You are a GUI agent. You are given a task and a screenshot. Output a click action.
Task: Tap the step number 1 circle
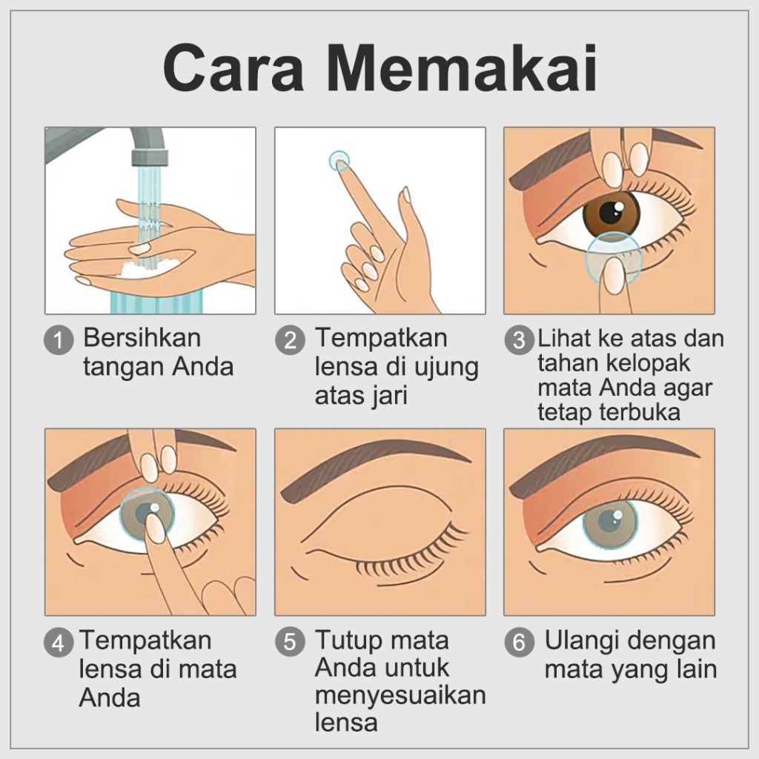(x=59, y=339)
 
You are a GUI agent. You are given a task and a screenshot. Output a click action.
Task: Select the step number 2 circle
(x=290, y=339)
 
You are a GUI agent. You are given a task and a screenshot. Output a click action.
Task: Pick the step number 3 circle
(x=519, y=339)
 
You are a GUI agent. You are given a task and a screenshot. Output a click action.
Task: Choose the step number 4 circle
(x=59, y=643)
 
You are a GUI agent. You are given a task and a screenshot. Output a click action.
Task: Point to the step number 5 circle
(x=290, y=643)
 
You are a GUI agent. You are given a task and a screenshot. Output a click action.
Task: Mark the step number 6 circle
(x=519, y=643)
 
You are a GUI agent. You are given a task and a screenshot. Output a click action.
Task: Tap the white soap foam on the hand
(x=145, y=268)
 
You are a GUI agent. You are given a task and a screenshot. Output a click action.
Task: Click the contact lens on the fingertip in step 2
(x=339, y=161)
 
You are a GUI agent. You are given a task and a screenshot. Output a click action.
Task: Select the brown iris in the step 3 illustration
(x=611, y=215)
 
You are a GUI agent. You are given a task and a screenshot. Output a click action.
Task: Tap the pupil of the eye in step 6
(x=609, y=522)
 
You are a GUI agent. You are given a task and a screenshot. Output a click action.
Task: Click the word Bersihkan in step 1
(x=142, y=337)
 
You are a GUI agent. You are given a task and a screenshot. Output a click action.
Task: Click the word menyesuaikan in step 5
(x=400, y=695)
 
